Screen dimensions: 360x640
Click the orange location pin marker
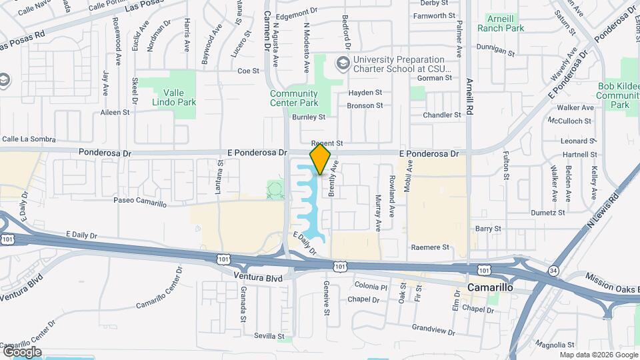coord(321,159)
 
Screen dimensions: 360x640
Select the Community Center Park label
coord(294,98)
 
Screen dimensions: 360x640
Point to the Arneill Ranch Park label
coord(501,23)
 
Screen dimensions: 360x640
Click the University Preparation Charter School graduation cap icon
coord(343,63)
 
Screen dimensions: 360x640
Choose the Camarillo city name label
coord(489,288)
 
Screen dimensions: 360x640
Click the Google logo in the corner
coord(21,351)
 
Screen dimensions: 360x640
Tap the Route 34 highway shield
coord(554,270)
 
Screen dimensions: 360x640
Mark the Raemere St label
coord(431,247)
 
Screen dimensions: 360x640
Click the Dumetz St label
coord(548,213)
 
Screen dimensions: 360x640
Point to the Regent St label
coord(327,143)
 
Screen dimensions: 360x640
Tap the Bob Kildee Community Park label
coord(619,96)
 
